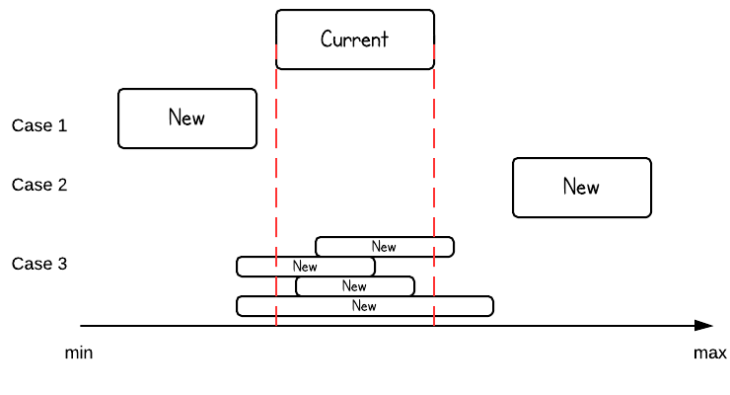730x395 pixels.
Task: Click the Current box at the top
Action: [355, 39]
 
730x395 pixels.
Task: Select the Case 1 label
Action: [39, 126]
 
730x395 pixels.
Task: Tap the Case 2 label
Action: [39, 185]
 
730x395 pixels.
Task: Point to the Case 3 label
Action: [39, 264]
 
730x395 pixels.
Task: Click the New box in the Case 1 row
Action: [187, 118]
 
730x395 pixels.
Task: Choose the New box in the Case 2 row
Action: [582, 187]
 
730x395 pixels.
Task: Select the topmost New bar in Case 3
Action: [385, 246]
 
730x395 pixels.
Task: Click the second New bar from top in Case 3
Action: [306, 267]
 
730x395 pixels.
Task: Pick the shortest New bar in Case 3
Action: [355, 286]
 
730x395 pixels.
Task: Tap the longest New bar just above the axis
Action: [365, 306]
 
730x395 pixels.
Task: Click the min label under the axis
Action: [79, 353]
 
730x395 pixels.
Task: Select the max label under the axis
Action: [709, 353]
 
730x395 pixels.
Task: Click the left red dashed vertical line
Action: [276, 197]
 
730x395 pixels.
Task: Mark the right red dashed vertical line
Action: [434, 197]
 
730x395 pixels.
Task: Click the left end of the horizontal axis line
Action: [82, 325]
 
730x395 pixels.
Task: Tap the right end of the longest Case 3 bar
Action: [492, 306]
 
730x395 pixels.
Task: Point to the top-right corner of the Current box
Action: [433, 11]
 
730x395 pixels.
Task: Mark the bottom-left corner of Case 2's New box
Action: [514, 215]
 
